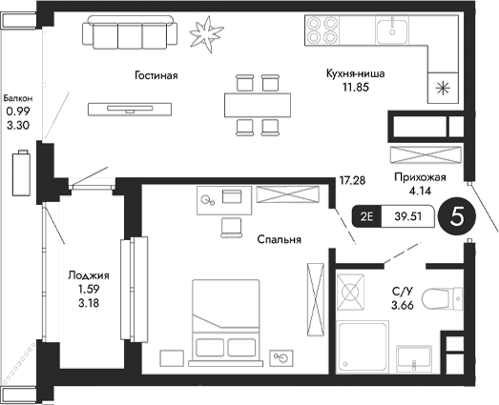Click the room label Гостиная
[156, 74]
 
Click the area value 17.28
[352, 179]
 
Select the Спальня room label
[280, 240]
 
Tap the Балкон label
[18, 97]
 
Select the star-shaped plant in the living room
[202, 34]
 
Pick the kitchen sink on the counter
[391, 31]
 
